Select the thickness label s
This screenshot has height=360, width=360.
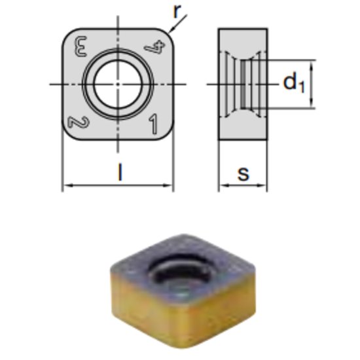(x=243, y=173)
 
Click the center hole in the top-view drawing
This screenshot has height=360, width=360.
(x=118, y=83)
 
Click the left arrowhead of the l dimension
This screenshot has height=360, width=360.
(x=66, y=187)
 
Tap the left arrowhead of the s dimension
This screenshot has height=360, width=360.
(x=221, y=187)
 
